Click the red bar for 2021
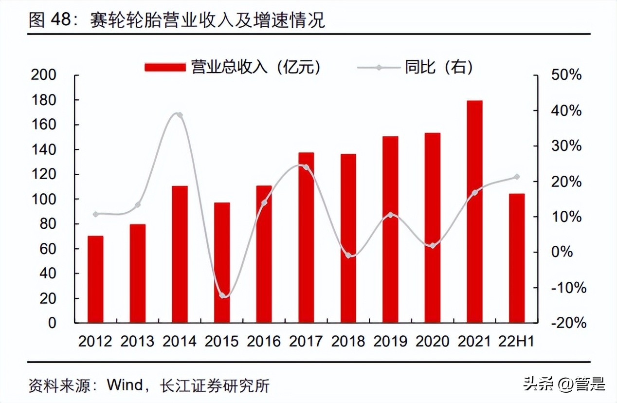[474, 212]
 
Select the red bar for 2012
[95, 279]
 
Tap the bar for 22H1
[517, 258]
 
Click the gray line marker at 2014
[180, 115]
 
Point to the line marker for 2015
[222, 295]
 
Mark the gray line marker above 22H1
[517, 177]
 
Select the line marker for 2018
[348, 255]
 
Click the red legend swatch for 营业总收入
[165, 67]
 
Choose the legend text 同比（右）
[438, 67]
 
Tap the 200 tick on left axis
[44, 75]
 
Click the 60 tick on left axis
[47, 249]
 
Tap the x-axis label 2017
[306, 342]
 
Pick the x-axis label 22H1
[516, 342]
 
